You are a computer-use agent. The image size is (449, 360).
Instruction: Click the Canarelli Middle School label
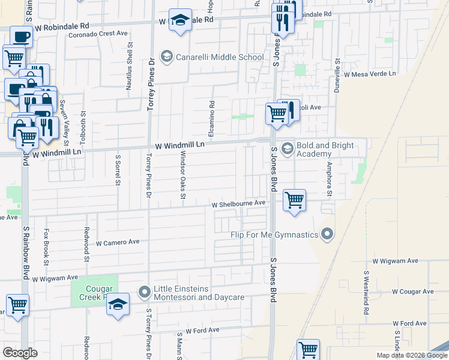click(x=219, y=58)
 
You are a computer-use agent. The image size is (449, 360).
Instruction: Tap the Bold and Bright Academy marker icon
click(x=288, y=148)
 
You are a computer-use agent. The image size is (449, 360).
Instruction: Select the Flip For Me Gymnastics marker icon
click(x=327, y=233)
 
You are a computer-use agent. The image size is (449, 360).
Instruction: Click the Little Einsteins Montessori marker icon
click(x=144, y=292)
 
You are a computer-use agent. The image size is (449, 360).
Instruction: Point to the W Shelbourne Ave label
click(x=238, y=203)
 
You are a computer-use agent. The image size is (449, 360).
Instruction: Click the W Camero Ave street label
click(x=118, y=242)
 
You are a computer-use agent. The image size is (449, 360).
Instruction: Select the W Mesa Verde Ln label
click(x=370, y=74)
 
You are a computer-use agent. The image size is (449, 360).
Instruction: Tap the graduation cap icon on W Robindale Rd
click(x=179, y=20)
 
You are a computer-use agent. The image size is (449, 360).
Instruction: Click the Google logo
click(x=20, y=353)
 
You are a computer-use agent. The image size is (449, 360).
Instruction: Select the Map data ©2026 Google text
click(x=411, y=355)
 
